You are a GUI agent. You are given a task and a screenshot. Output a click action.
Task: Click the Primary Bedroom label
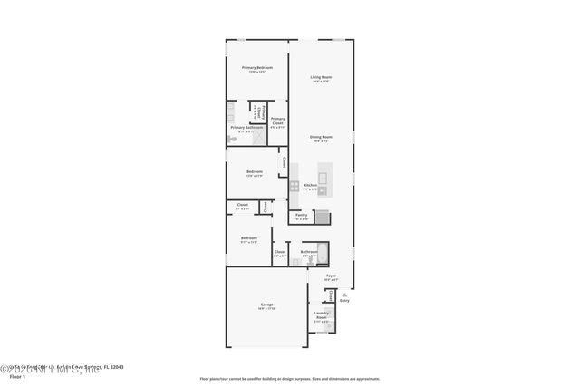256,68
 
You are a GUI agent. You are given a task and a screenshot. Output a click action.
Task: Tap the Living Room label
321,77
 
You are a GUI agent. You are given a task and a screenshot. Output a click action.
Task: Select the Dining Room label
321,136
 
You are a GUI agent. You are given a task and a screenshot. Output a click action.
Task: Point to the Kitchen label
310,185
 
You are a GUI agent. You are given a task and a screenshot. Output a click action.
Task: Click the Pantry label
301,215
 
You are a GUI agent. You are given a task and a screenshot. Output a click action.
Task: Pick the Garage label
266,305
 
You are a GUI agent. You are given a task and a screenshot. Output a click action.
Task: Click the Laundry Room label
321,315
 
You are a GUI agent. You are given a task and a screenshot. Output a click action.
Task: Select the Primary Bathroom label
246,128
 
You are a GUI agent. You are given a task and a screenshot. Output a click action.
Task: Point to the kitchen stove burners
295,186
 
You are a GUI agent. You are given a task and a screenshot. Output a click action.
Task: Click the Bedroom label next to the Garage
248,238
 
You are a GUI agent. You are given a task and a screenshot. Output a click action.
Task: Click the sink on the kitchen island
323,172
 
